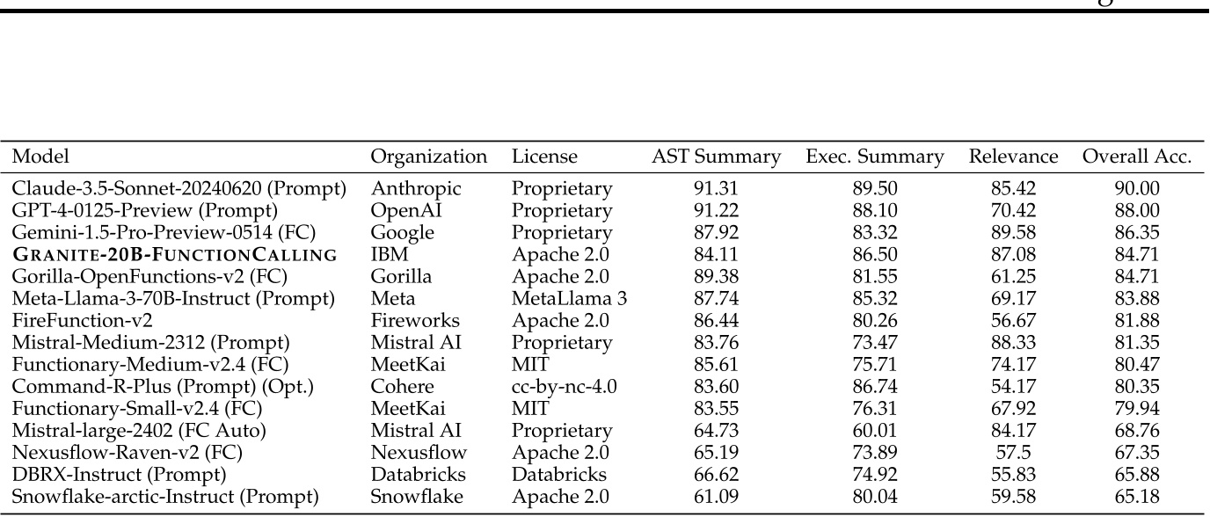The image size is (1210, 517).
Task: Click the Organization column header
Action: click(428, 157)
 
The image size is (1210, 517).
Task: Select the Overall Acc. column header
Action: click(1137, 157)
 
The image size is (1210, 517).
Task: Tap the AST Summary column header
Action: click(716, 157)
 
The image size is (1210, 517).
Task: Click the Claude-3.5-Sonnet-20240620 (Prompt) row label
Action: click(179, 188)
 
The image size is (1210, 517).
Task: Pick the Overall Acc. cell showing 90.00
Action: click(1137, 188)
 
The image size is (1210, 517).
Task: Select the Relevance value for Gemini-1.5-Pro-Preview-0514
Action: click(1013, 233)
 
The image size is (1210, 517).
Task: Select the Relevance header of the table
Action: click(1013, 157)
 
